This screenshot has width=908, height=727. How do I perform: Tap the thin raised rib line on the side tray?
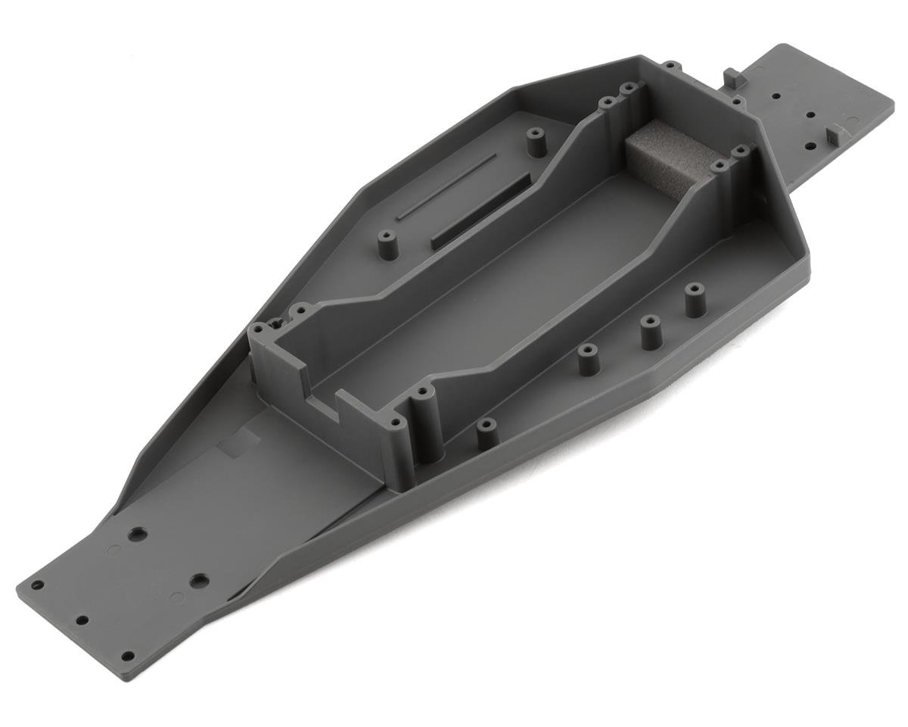[x=447, y=186]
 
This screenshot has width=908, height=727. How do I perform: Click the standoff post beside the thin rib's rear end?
[x=536, y=142]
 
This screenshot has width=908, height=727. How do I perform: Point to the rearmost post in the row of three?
[x=695, y=300]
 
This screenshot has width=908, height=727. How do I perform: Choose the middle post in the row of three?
[x=651, y=332]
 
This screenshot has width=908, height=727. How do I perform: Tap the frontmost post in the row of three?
[x=589, y=360]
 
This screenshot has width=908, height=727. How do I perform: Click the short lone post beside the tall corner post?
[x=487, y=435]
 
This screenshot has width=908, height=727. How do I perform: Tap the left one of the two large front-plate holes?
[x=138, y=535]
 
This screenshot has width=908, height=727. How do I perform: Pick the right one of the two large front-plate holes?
[x=199, y=582]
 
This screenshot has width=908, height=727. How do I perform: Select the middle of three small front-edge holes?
[x=81, y=620]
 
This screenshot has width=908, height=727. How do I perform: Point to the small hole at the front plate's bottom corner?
[x=127, y=656]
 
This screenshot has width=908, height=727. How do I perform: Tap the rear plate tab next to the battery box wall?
[x=732, y=78]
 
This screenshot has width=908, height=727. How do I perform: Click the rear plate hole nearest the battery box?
[x=776, y=97]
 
